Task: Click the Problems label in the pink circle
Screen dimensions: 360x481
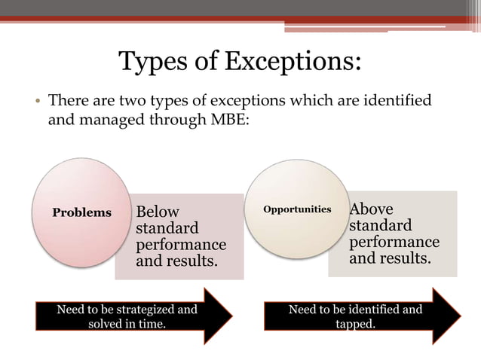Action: coord(81,212)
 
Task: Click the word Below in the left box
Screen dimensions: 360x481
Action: coord(158,212)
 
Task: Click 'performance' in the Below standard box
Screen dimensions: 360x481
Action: coord(179,245)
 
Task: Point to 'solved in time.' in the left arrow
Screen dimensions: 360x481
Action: coord(127,324)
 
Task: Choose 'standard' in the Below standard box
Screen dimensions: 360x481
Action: coord(167,228)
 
